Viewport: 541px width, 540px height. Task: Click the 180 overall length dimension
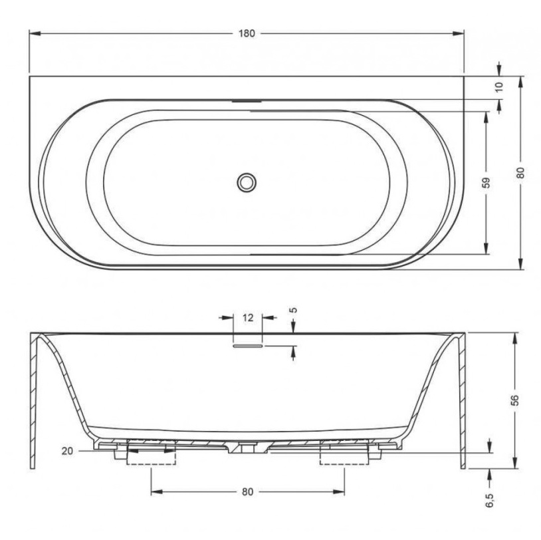pos(247,33)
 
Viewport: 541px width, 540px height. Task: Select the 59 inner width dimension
pos(485,182)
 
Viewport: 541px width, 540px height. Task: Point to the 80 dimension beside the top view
pos(520,172)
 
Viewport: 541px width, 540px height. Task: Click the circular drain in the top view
pos(247,182)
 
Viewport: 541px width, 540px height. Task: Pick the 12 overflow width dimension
pos(248,318)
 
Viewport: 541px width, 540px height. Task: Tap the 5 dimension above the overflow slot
pos(293,310)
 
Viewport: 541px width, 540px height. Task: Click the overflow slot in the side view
pos(248,346)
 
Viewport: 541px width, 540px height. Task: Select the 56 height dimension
pos(514,400)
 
